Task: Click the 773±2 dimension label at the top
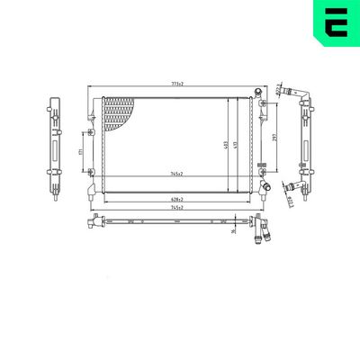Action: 178,84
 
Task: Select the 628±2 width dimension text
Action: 176,200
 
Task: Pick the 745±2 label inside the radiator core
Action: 176,173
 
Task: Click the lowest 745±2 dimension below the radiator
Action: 176,208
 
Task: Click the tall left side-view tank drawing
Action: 50,144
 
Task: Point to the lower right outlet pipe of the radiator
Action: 265,185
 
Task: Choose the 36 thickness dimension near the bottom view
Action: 233,232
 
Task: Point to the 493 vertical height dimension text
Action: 226,144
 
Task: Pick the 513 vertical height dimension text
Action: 235,144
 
